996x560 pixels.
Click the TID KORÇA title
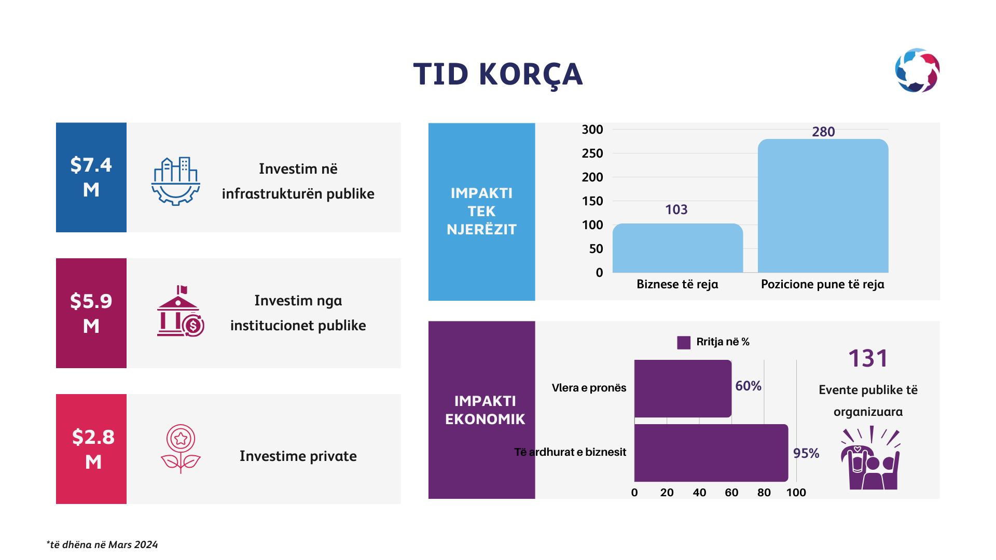point(498,75)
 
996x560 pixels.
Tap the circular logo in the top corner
point(917,71)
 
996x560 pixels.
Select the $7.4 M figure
point(91,177)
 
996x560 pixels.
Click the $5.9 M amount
point(91,313)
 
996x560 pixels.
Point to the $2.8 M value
point(93,449)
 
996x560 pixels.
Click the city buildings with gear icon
point(176,181)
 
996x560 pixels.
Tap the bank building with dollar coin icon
point(181,311)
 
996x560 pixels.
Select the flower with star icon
point(181,449)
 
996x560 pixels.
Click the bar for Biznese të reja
point(677,248)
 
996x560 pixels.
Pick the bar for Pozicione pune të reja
point(823,206)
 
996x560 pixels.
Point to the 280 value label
point(823,132)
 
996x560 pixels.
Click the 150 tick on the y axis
point(592,201)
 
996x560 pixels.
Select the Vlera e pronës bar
point(683,388)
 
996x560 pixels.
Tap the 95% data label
point(806,453)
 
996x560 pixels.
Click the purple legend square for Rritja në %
point(684,342)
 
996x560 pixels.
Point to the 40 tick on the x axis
point(699,493)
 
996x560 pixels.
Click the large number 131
point(868,358)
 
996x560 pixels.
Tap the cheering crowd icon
point(870,458)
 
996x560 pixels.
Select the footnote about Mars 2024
point(102,544)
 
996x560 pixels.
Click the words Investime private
point(298,456)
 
